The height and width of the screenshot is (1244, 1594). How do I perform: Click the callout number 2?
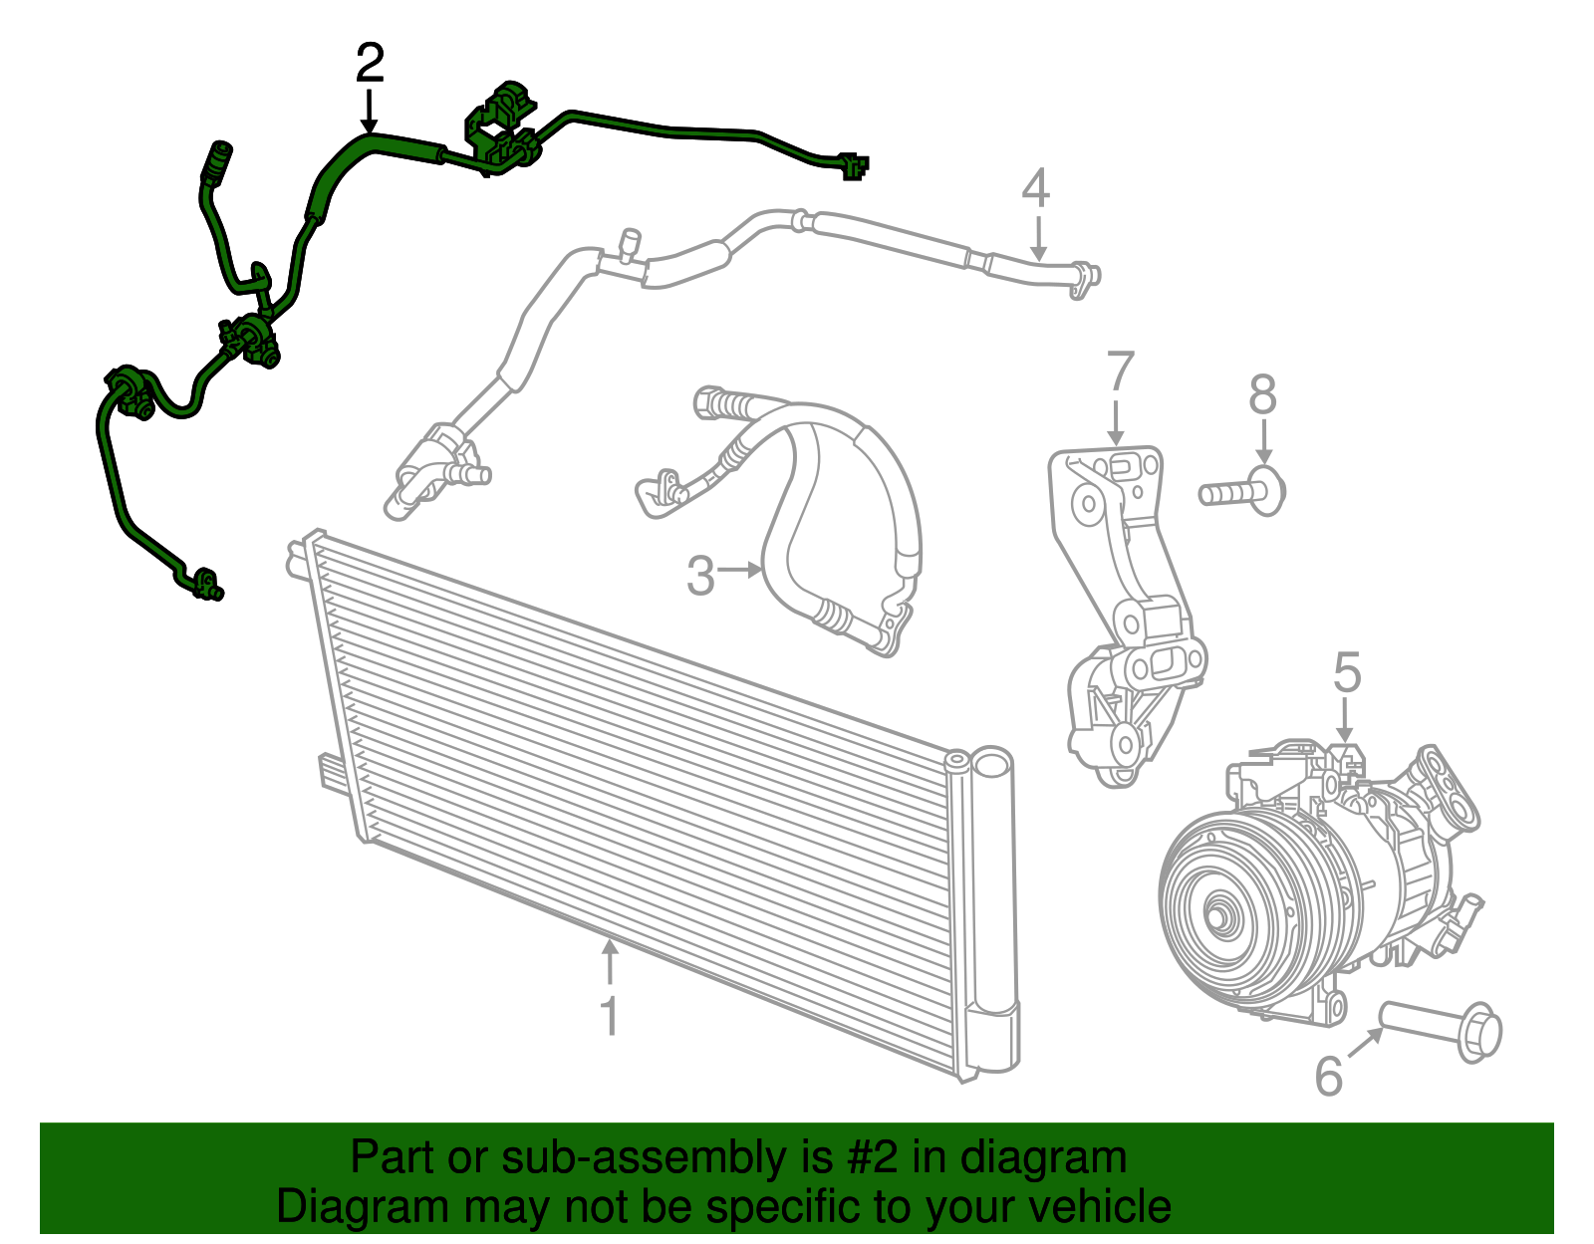point(370,65)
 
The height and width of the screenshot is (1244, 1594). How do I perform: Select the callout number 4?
point(1036,188)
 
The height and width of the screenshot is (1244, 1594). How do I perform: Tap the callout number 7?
point(1120,373)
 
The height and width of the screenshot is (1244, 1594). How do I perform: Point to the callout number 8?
point(1262,394)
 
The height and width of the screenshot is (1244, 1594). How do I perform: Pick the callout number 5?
point(1347,673)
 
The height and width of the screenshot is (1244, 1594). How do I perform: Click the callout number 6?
point(1329,1076)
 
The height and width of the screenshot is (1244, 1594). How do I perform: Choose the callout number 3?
point(700,577)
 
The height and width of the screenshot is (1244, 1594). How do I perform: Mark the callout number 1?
point(609,1017)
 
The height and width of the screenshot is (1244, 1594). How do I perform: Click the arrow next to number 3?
point(740,570)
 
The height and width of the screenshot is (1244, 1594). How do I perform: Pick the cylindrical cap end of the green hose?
point(217,159)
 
